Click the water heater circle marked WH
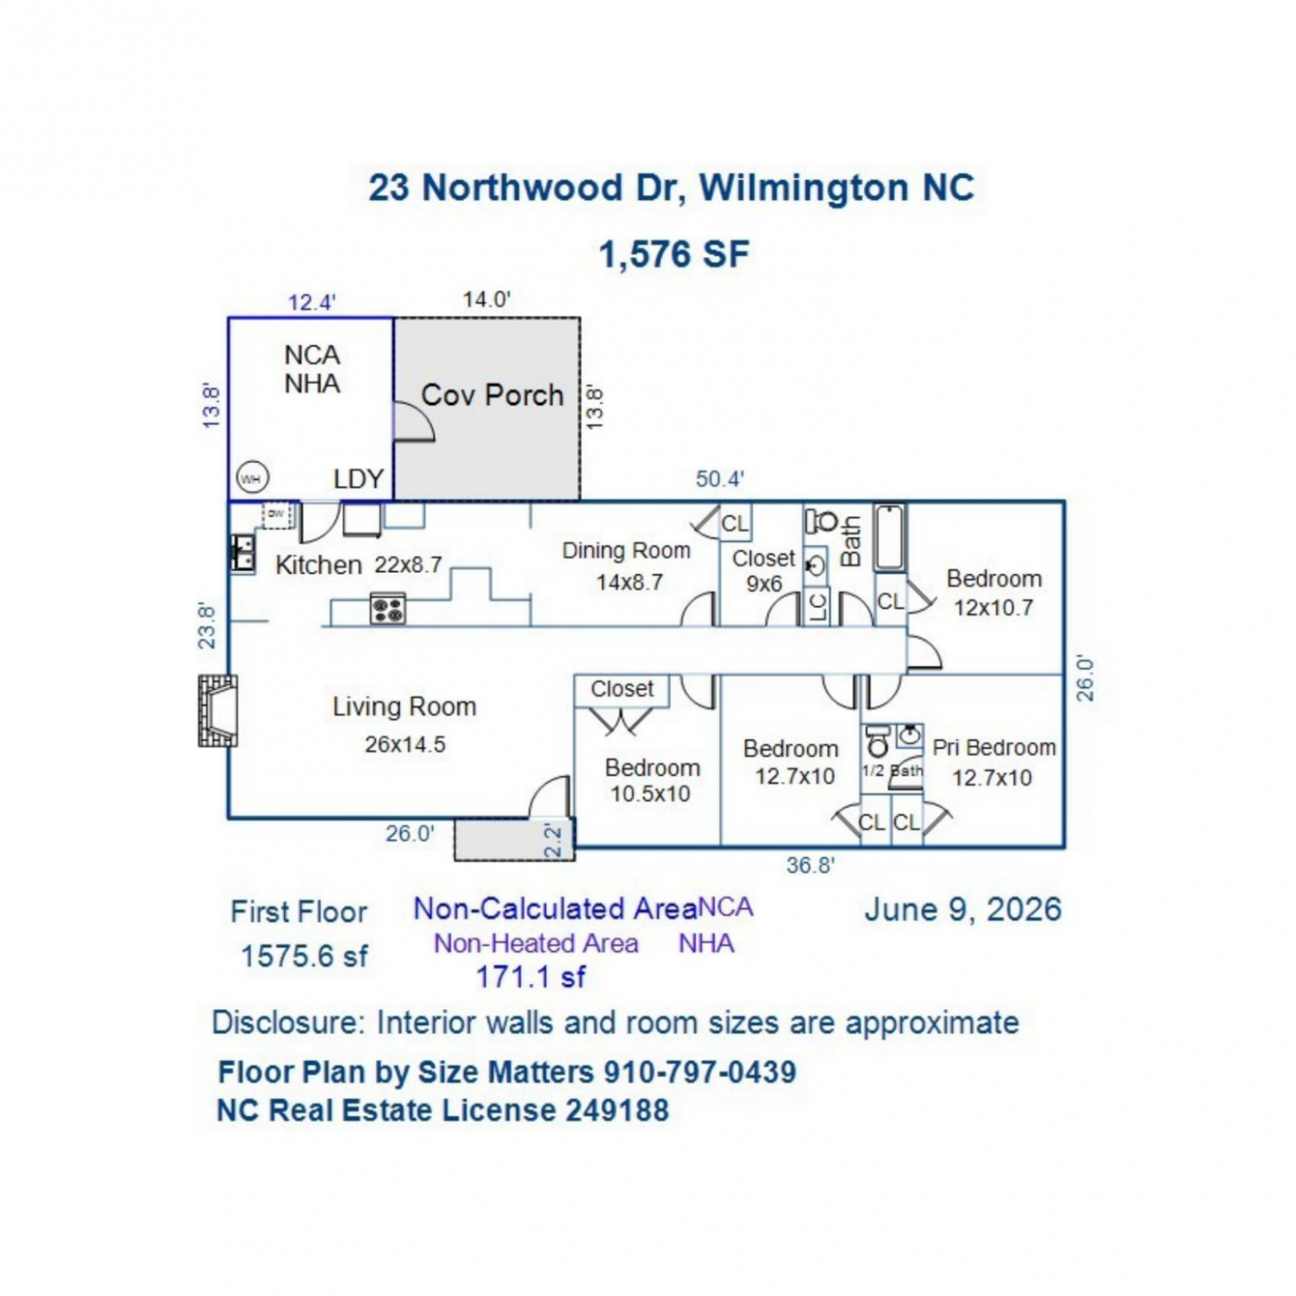tap(251, 478)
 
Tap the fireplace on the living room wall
tap(218, 710)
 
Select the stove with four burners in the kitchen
tap(388, 608)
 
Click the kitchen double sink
tap(243, 553)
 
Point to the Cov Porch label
tap(492, 395)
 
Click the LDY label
tap(359, 479)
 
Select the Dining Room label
tap(626, 550)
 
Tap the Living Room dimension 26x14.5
tap(405, 744)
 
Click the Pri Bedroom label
tap(994, 747)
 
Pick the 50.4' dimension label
tap(720, 479)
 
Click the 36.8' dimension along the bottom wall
tap(810, 864)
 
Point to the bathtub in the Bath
tap(890, 537)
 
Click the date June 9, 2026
tap(963, 909)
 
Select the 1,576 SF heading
tap(674, 254)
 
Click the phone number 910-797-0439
tap(700, 1072)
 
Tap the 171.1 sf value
tap(531, 977)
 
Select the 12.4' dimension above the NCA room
tap(312, 302)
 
